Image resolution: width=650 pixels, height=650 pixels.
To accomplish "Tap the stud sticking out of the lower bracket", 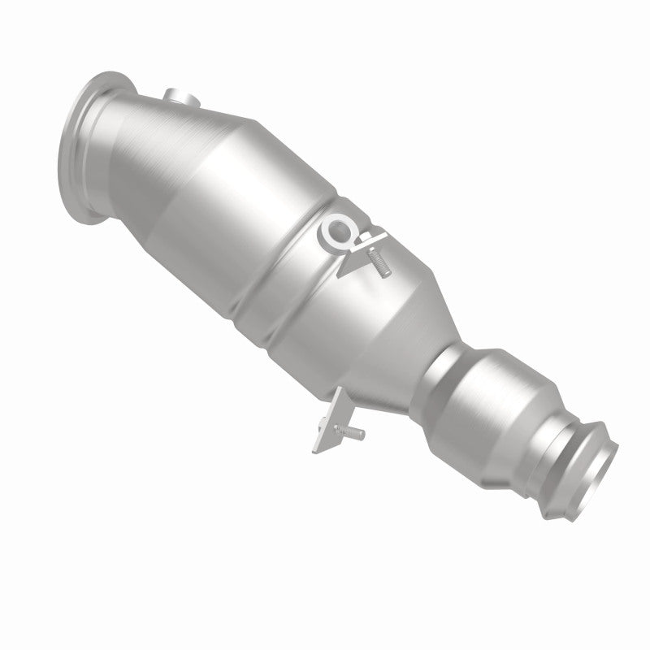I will pyautogui.click(x=350, y=434).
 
